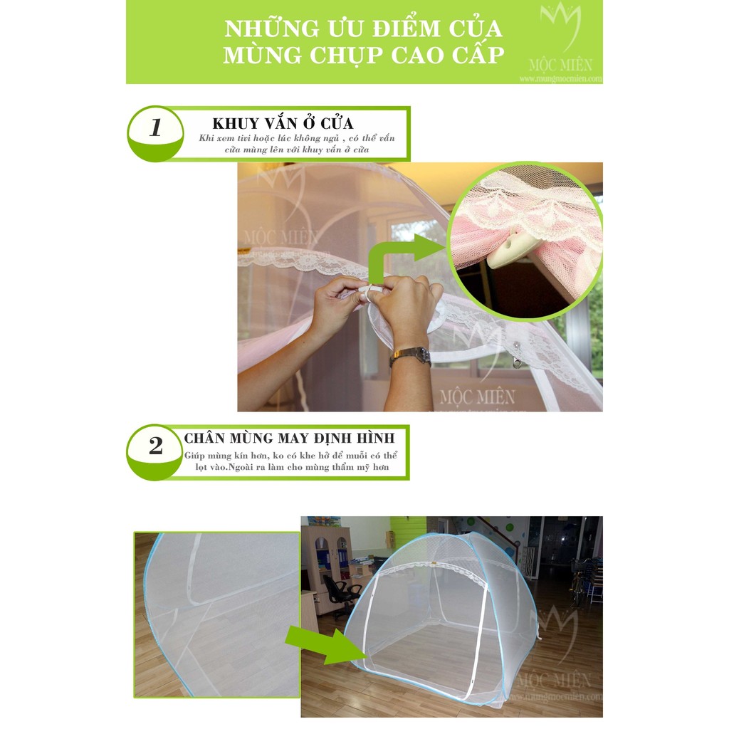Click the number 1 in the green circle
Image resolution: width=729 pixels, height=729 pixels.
point(155,128)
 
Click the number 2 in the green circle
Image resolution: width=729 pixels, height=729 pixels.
point(155,446)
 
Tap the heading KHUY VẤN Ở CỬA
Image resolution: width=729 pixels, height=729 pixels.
point(283,123)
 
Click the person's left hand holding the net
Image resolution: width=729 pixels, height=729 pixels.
point(335,306)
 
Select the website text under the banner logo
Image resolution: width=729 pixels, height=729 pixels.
point(560,79)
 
